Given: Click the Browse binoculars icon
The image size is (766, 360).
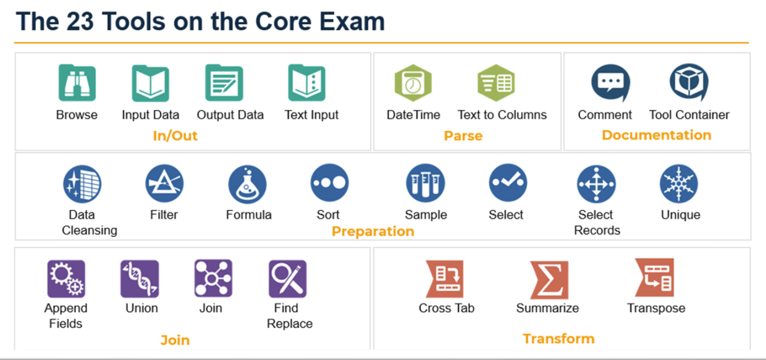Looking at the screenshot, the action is pos(77,83).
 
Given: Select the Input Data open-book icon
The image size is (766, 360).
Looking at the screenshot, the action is pos(151,83).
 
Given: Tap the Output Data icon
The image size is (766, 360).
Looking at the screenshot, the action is pos(224,83).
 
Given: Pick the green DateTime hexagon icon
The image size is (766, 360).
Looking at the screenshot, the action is pos(413,83).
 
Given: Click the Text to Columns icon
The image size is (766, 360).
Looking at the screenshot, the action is pos(496,83).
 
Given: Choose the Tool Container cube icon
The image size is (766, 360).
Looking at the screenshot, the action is pos(689,82).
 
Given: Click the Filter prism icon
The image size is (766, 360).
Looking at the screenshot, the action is pos(164,183).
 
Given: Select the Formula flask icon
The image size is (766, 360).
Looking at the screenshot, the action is pos(247,185).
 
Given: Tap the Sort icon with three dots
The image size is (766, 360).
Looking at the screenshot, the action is pos(330,183).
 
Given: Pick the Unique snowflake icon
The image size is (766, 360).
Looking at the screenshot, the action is pos(679,183).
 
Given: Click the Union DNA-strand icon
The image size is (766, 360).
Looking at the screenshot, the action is pos(140,278).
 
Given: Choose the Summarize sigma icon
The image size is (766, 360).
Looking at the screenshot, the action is pos(549,280).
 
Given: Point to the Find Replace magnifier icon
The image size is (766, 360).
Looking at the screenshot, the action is pos(288,278).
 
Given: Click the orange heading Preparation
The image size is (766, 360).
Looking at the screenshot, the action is pos(373,232).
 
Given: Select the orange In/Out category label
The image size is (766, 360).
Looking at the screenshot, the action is pos(175,136).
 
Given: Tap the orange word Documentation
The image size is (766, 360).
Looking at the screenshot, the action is pos(657,135).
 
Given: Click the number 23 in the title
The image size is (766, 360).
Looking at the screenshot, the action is pos(80,21).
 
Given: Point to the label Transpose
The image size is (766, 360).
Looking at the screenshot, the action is pos(656,308).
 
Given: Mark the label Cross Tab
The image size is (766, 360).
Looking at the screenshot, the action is pos(447,308).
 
